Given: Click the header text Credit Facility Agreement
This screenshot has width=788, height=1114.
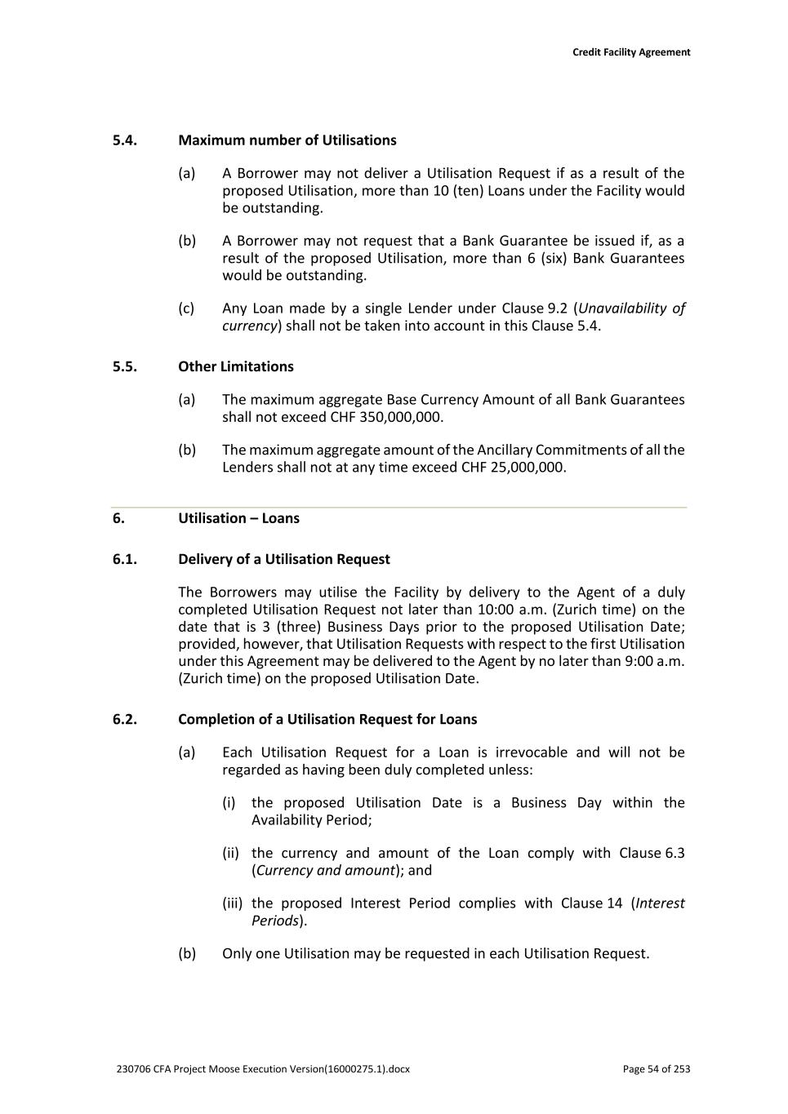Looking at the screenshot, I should click(630, 52).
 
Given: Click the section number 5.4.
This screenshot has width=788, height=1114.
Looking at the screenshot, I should click(124, 140).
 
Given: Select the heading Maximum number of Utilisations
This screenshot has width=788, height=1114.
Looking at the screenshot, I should click(287, 140).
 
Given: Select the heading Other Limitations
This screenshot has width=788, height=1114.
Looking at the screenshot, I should click(235, 366).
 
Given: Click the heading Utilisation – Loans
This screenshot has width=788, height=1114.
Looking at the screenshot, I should click(238, 518).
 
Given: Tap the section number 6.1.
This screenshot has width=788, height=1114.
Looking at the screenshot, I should click(124, 559).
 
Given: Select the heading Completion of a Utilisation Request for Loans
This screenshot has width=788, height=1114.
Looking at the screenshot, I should click(327, 719).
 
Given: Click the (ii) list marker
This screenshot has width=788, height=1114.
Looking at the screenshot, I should click(230, 853).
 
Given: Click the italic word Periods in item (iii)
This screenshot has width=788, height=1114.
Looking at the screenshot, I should click(275, 921).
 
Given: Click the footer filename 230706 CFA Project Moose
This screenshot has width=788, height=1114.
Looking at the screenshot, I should click(263, 1069).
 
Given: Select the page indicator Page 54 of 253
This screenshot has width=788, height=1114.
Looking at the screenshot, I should click(656, 1069).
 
